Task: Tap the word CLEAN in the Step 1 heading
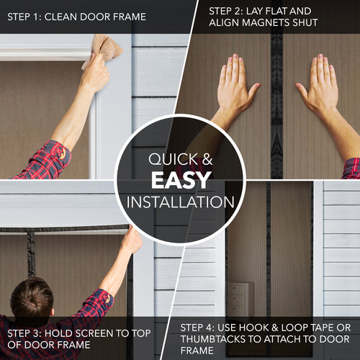[73, 16]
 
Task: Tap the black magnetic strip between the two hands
[276, 108]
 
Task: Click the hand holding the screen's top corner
[131, 240]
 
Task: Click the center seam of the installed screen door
[269, 252]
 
